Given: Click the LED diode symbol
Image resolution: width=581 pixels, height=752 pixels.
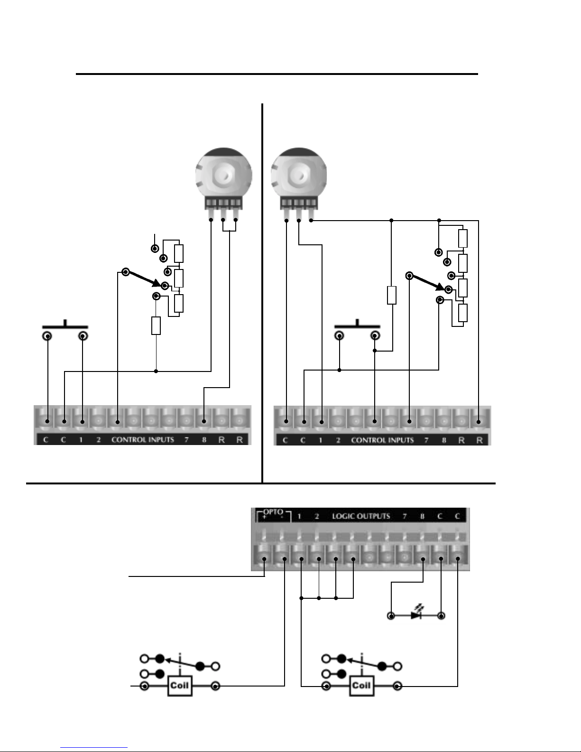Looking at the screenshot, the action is coord(416,615).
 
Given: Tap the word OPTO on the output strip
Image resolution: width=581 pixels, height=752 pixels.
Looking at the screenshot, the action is coord(273,512).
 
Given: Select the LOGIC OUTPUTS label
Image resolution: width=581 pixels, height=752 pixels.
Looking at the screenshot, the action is coord(361,516).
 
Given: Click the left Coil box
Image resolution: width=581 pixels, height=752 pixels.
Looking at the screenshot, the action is coord(180,686).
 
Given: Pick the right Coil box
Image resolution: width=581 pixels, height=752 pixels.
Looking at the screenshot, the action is coord(361,686).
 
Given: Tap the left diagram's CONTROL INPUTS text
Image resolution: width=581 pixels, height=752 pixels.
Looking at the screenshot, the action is coord(142,439).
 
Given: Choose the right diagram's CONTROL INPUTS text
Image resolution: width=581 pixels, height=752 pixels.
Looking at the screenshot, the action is coord(382,440).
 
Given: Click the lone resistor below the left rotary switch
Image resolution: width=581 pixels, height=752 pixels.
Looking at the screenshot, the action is coord(156,325).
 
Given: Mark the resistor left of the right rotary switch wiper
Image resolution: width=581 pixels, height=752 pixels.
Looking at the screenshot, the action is coord(391,295).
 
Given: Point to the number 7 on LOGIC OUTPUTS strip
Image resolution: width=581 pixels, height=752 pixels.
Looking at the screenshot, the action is coord(405,516).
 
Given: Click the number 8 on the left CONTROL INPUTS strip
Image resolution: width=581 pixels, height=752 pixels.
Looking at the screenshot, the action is coord(204,440).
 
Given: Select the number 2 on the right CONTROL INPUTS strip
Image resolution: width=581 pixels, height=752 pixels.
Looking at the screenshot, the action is coord(338,440).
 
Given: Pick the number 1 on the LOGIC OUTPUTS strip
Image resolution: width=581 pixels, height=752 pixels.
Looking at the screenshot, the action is coord(299,516).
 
